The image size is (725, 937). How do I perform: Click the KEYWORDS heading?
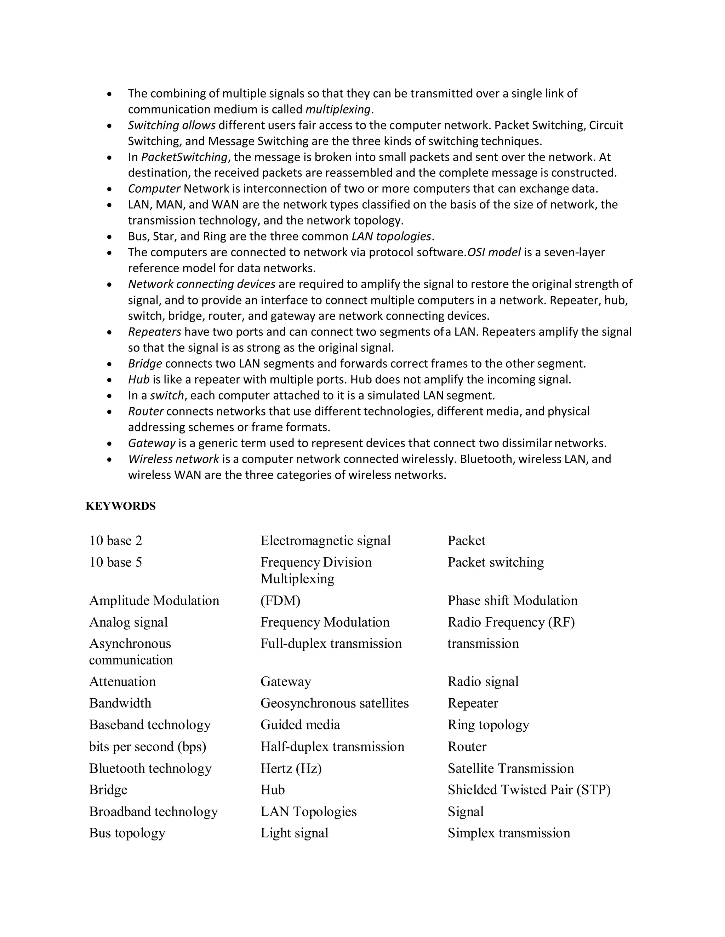120,506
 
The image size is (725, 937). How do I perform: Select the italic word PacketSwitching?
184,157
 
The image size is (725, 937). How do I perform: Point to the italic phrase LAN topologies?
391,237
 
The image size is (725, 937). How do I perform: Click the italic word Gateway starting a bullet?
152,443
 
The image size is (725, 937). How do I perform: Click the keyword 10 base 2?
115,541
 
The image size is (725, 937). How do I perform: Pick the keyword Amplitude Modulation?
154,600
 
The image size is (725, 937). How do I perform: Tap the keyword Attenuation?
122,681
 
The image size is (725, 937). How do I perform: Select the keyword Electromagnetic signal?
325,541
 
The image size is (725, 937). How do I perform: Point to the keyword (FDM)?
280,600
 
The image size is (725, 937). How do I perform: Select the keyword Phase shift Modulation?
512,600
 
